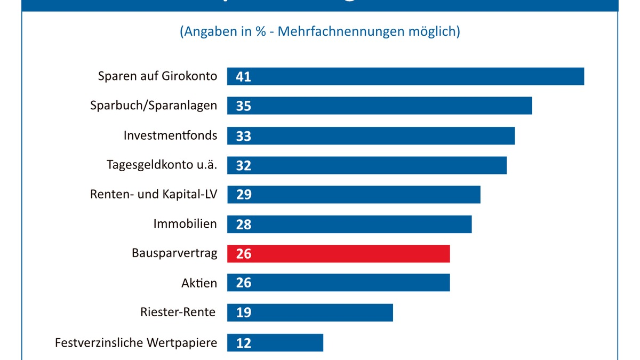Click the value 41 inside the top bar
243,77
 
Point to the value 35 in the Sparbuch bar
243,106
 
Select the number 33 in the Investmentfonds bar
243,136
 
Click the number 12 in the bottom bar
243,343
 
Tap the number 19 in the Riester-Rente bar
243,313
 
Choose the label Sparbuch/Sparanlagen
154,106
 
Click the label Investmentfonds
170,135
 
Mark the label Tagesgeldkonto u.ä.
162,165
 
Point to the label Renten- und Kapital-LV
154,194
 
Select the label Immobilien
185,223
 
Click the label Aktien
199,283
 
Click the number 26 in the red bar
243,254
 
